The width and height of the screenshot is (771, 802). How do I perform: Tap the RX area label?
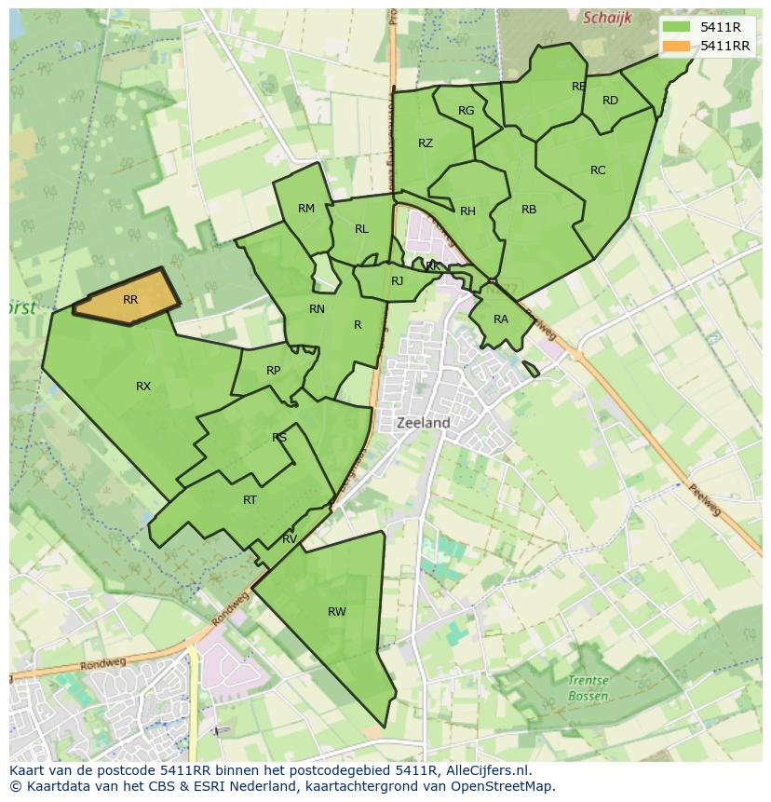pyautogui.click(x=143, y=386)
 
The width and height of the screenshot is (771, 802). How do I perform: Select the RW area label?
pyautogui.click(x=337, y=611)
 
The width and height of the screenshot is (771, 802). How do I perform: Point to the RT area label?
pyautogui.click(x=250, y=500)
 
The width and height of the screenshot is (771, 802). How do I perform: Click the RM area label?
pyautogui.click(x=306, y=209)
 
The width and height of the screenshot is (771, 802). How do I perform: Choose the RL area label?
pyautogui.click(x=361, y=229)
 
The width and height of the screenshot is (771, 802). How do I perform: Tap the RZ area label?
pyautogui.click(x=426, y=143)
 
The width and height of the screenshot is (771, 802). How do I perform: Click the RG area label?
pyautogui.click(x=467, y=111)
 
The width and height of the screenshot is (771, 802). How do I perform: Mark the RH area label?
pyautogui.click(x=467, y=211)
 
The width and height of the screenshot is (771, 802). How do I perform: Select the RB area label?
pyautogui.click(x=529, y=210)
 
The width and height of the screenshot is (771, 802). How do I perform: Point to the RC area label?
pyautogui.click(x=598, y=170)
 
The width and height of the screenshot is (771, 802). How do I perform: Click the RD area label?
pyautogui.click(x=610, y=101)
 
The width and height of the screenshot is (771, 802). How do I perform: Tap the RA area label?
pyautogui.click(x=501, y=319)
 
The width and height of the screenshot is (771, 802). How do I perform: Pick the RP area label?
pyautogui.click(x=273, y=371)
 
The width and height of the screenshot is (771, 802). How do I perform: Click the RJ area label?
pyautogui.click(x=398, y=281)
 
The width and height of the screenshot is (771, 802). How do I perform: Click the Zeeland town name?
pyautogui.click(x=424, y=423)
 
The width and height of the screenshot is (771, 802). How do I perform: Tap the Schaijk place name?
pyautogui.click(x=607, y=18)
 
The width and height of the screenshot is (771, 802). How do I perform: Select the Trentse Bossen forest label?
pyautogui.click(x=588, y=688)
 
